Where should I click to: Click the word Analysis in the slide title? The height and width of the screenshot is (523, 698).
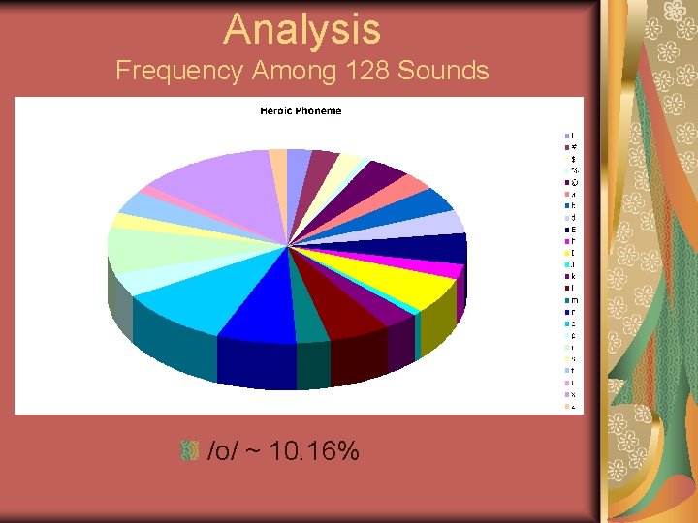(x=302, y=28)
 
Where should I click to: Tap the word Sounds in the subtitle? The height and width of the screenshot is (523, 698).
(x=443, y=71)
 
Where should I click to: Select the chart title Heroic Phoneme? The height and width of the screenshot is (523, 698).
(x=301, y=110)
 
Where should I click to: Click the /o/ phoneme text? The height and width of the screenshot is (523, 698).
(x=222, y=450)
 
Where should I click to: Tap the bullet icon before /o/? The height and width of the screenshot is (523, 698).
(x=190, y=450)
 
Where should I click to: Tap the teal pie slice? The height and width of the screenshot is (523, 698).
(x=310, y=324)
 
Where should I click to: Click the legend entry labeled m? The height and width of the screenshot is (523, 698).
(x=573, y=300)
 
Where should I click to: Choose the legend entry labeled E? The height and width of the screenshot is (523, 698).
(x=573, y=230)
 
